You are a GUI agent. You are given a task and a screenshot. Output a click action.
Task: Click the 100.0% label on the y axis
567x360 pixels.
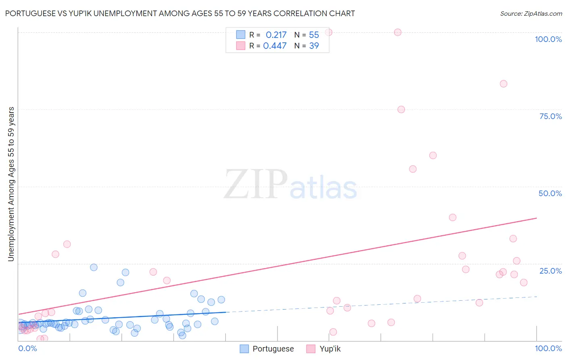pyautogui.click(x=548, y=39)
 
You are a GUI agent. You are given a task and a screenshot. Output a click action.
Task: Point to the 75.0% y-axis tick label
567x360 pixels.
pyautogui.click(x=550, y=116)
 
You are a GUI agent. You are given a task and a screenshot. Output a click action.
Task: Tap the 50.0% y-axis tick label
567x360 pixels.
pyautogui.click(x=550, y=193)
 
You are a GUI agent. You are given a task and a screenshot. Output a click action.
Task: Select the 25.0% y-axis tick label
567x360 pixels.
pyautogui.click(x=550, y=271)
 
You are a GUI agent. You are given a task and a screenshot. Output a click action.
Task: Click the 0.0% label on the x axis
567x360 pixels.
pyautogui.click(x=28, y=348)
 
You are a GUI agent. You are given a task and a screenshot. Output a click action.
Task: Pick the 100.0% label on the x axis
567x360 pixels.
pyautogui.click(x=548, y=348)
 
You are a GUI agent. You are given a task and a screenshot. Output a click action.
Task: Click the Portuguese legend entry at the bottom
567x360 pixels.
pyautogui.click(x=267, y=349)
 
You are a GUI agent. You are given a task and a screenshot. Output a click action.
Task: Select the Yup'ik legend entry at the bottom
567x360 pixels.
pyautogui.click(x=323, y=349)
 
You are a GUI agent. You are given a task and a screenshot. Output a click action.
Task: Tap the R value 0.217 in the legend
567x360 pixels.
pyautogui.click(x=276, y=35)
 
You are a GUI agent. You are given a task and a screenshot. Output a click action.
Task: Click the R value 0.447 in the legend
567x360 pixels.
pyautogui.click(x=275, y=46)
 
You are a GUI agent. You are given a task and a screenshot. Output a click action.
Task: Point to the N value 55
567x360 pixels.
pyautogui.click(x=314, y=35)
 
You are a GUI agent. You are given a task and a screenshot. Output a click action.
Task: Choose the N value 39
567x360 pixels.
pyautogui.click(x=314, y=46)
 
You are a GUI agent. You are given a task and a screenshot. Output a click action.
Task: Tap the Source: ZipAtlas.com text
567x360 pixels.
pyautogui.click(x=531, y=13)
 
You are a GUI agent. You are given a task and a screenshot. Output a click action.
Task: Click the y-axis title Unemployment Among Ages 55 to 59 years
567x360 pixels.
pyautogui.click(x=11, y=184)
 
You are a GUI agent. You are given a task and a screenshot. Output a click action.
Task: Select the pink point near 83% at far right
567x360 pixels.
pyautogui.click(x=503, y=84)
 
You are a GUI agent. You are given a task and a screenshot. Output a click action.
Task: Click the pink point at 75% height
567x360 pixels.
pyautogui.click(x=401, y=109)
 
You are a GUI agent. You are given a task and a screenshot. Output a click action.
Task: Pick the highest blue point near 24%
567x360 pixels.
pyautogui.click(x=94, y=267)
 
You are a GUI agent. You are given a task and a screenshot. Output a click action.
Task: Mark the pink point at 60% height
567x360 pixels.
pyautogui.click(x=433, y=155)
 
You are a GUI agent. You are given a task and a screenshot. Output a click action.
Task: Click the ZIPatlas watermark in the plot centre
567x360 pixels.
pyautogui.click(x=290, y=185)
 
